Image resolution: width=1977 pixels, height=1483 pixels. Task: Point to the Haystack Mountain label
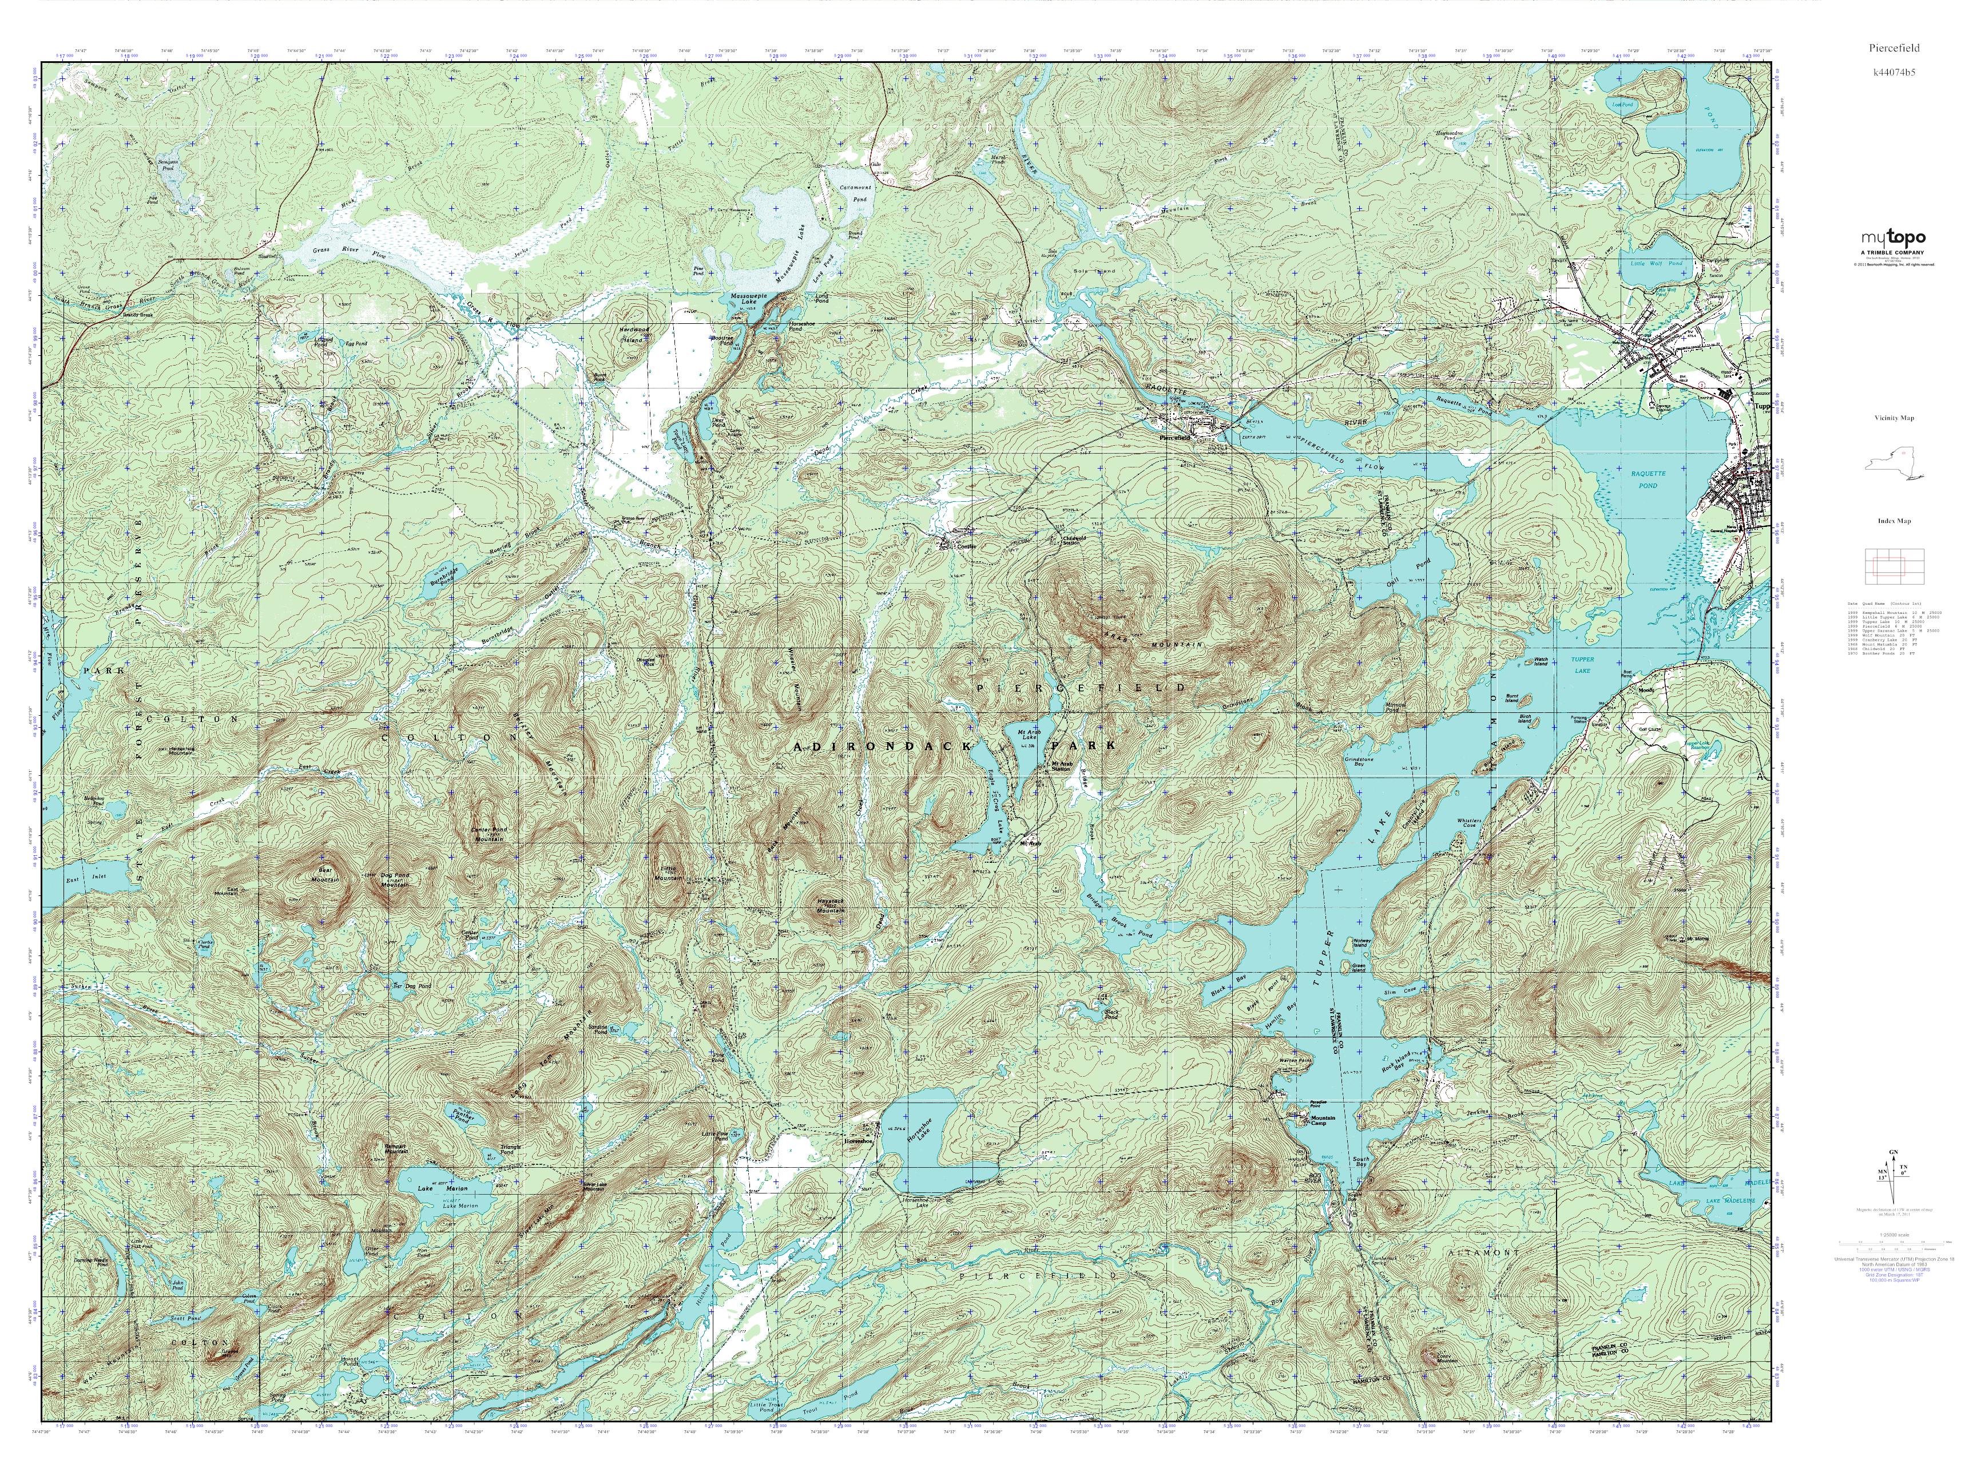click(830, 905)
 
